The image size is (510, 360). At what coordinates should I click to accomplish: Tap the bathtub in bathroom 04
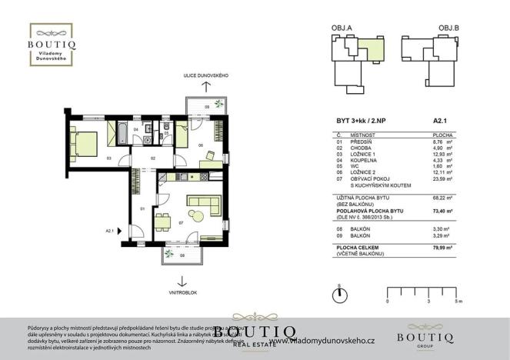point(121,135)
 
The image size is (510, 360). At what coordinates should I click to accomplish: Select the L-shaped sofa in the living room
point(203,207)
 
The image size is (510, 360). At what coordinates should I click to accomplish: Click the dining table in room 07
point(162,222)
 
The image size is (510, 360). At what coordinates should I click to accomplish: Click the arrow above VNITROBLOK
point(182,280)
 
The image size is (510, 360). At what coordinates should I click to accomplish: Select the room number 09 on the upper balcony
point(207,107)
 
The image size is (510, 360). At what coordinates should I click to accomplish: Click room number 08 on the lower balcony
point(182,255)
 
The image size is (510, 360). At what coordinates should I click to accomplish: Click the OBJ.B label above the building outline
point(448,27)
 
